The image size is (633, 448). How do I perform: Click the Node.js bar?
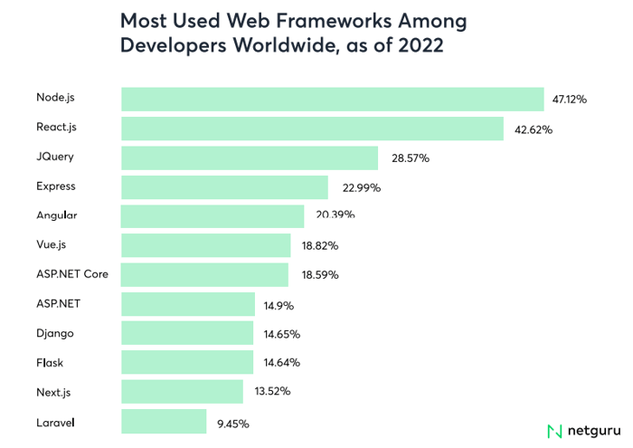click(332, 99)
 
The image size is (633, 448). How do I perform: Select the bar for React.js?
click(312, 129)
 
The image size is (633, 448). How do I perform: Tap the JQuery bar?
click(250, 158)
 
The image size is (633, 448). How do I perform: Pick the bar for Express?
click(224, 187)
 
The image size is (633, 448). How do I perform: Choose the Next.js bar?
click(182, 392)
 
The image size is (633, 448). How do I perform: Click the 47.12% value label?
click(570, 100)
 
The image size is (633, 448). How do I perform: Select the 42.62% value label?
click(534, 129)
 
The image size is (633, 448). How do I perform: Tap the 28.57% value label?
click(411, 158)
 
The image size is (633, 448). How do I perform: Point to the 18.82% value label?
click(321, 246)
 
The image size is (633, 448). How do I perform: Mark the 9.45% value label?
click(232, 423)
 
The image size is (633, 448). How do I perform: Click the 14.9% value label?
click(279, 306)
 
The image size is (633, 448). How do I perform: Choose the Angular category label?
click(57, 216)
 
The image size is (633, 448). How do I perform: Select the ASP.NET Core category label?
click(72, 274)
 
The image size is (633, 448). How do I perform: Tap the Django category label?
click(55, 334)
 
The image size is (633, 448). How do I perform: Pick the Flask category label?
click(50, 363)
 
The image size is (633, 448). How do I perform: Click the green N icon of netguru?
click(554, 431)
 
